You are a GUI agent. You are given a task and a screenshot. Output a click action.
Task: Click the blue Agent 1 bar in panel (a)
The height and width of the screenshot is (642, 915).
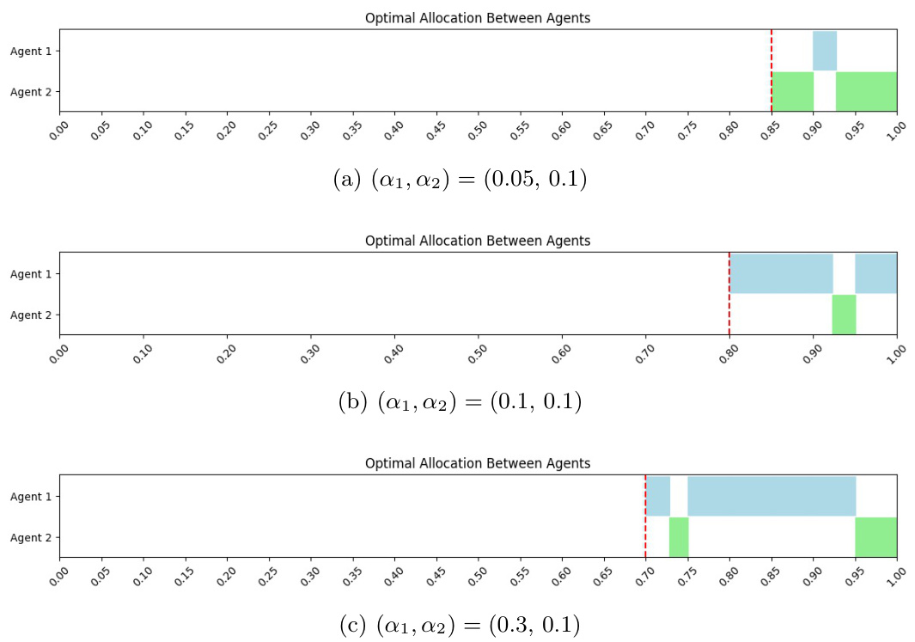click(x=825, y=51)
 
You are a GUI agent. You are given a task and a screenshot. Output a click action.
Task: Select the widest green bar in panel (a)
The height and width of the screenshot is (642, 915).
click(x=866, y=91)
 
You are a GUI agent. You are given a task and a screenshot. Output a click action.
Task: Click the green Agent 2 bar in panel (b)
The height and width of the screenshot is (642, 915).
click(x=844, y=315)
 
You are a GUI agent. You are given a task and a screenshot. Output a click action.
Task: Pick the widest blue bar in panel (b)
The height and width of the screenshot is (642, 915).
click(x=781, y=274)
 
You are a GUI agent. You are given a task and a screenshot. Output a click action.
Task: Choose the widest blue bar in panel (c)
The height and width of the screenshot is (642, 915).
click(x=772, y=496)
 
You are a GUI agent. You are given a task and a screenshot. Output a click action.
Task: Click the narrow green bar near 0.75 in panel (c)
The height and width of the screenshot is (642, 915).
click(x=679, y=537)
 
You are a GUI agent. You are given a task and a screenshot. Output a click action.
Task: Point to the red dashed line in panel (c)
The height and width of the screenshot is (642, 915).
click(x=645, y=516)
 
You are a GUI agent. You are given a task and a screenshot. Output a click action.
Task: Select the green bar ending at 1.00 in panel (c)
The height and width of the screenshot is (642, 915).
click(x=875, y=537)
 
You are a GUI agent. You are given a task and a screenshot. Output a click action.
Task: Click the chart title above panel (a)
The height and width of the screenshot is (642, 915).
click(x=478, y=18)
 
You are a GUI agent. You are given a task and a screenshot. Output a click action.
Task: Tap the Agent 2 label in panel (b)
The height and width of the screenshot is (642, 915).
click(x=31, y=315)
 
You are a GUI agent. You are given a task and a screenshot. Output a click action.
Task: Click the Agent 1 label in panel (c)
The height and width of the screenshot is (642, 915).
click(x=31, y=497)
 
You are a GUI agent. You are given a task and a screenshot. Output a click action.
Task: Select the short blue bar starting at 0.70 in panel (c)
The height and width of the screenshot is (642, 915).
click(x=658, y=496)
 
